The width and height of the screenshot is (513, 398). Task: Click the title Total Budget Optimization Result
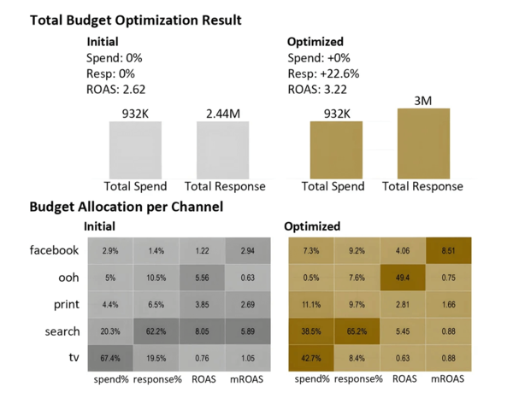135,20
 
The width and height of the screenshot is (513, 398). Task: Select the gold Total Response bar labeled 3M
422,143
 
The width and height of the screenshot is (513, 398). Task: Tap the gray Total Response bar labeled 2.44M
222,149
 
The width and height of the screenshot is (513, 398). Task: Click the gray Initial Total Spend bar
135,149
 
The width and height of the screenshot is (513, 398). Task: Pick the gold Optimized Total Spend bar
335,149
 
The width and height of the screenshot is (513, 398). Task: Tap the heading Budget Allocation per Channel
126,207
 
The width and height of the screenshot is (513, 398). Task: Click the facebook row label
54,251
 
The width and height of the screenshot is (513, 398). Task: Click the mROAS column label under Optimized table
448,378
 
